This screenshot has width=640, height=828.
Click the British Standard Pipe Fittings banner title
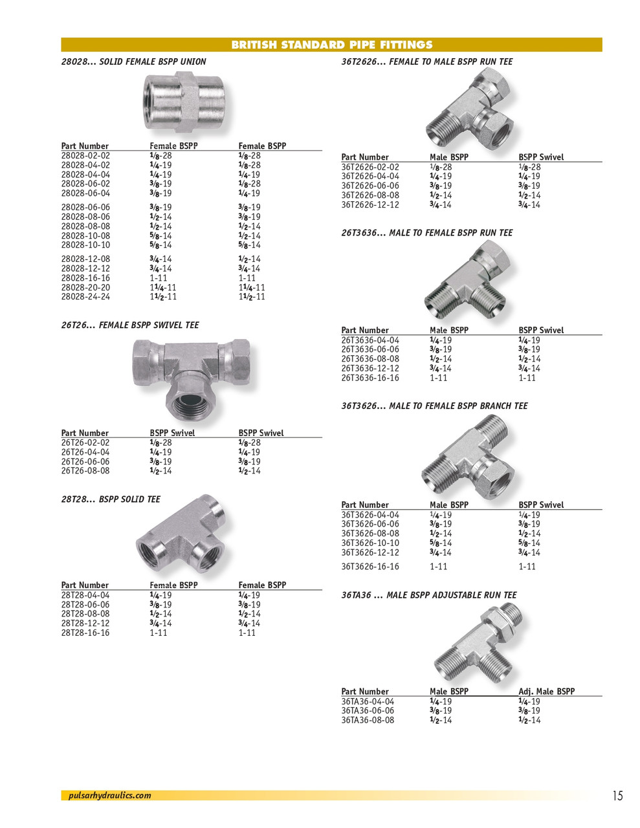tap(331, 45)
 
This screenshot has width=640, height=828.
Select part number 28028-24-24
tap(85, 297)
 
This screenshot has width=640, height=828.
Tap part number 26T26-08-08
tap(85, 471)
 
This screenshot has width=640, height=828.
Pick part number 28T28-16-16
tap(85, 633)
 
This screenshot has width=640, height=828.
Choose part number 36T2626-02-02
tap(370, 167)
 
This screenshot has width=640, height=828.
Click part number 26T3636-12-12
tap(370, 369)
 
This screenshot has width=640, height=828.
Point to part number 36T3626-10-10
tap(370, 543)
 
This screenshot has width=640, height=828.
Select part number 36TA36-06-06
tap(368, 711)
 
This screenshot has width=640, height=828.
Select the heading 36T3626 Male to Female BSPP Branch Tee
tap(434, 406)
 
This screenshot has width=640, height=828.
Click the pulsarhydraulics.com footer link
tap(109, 796)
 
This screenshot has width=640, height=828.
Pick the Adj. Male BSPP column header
tap(546, 692)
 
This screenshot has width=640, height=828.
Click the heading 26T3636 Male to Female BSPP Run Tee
tap(427, 233)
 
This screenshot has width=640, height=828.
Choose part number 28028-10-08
tap(85, 236)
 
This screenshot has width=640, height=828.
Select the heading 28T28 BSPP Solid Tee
tap(111, 499)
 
